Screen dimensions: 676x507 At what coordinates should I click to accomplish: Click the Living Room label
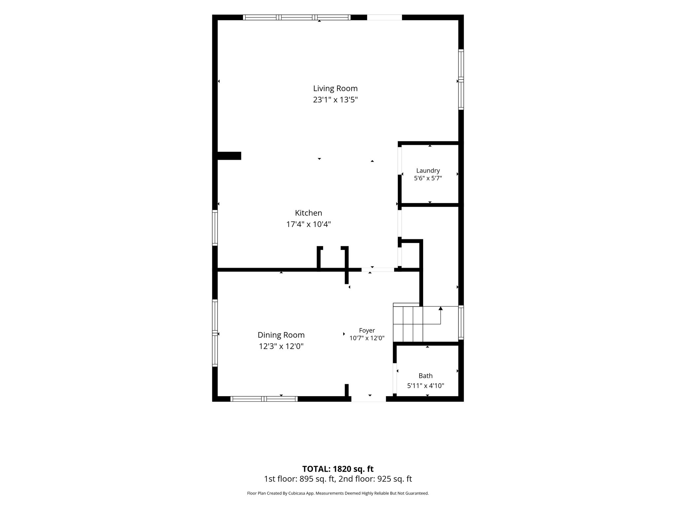[x=335, y=88]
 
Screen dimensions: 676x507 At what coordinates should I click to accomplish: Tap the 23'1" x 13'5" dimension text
[x=335, y=100]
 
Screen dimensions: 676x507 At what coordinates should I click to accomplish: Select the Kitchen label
[x=309, y=213]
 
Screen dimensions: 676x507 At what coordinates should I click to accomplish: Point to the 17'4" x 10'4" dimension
[x=309, y=224]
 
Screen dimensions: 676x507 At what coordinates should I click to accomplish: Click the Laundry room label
[x=428, y=171]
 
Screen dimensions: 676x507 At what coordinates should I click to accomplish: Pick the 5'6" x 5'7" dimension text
[x=428, y=178]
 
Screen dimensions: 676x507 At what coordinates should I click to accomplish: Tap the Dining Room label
[x=281, y=335]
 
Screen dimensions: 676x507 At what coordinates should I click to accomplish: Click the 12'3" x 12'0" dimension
[x=281, y=346]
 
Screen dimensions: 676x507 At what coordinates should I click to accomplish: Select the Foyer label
[x=367, y=330]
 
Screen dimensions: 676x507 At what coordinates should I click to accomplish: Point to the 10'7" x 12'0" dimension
[x=367, y=338]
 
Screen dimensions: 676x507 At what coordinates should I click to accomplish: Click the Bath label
[x=426, y=376]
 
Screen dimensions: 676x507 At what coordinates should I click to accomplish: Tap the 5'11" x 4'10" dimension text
[x=426, y=386]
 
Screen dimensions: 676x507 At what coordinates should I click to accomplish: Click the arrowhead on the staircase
[x=441, y=309]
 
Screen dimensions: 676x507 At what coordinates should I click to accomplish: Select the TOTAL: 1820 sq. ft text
[x=338, y=469]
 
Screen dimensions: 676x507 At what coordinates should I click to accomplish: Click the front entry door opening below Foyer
[x=369, y=399]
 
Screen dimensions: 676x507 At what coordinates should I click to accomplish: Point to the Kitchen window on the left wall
[x=215, y=228]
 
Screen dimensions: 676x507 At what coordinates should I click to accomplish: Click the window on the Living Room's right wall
[x=461, y=79]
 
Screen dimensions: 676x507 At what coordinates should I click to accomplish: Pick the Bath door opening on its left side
[x=394, y=379]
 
